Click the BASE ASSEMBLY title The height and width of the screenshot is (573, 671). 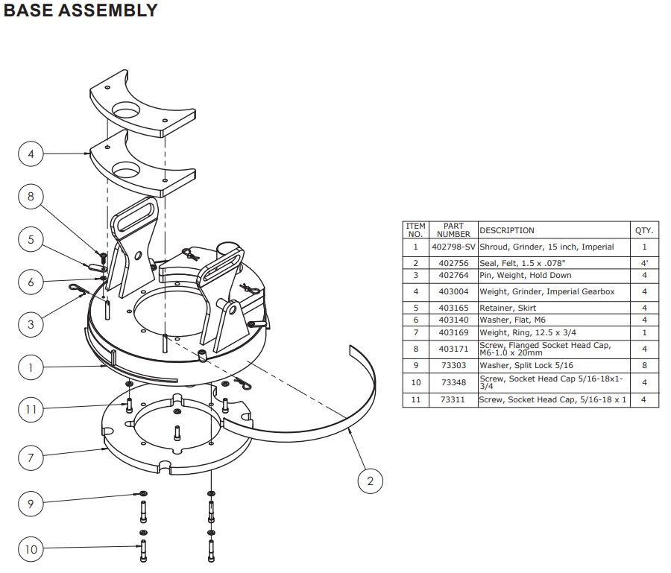click(x=81, y=10)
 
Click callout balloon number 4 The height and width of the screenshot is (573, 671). click(x=31, y=154)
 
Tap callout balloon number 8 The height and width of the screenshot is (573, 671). click(x=31, y=197)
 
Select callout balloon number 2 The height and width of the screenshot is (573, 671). click(x=371, y=481)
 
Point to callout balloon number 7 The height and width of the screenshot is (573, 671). click(x=31, y=457)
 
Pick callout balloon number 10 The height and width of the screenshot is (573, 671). click(x=31, y=550)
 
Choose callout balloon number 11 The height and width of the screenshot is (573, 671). click(x=31, y=409)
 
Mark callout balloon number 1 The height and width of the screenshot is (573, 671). click(x=31, y=367)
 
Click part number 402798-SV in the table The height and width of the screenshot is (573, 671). click(x=453, y=247)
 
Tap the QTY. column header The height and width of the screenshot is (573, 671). click(x=644, y=230)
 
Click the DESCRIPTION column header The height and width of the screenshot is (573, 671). click(x=507, y=230)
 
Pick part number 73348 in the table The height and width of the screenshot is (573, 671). click(x=453, y=382)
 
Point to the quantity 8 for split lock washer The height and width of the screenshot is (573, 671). click(x=644, y=365)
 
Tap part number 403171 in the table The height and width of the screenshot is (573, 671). click(x=453, y=349)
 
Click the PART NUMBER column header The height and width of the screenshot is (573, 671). click(x=453, y=229)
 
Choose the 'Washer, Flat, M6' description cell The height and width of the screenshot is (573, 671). click(x=512, y=320)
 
